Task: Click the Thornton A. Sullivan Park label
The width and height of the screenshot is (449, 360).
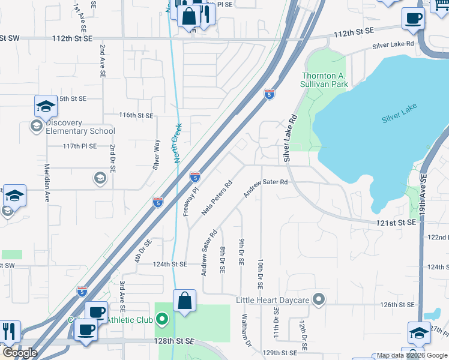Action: (x=325, y=80)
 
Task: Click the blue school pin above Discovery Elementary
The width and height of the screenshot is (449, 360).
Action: (x=46, y=107)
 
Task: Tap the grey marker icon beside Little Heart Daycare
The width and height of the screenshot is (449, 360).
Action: (x=319, y=298)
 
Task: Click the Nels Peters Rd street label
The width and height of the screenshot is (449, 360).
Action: (x=217, y=200)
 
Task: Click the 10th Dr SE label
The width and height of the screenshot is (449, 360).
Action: (x=261, y=274)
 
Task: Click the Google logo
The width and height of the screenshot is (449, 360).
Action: (x=20, y=353)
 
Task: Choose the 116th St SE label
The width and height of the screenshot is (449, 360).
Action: (x=136, y=115)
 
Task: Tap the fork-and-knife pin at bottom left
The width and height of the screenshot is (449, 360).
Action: (x=9, y=331)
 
